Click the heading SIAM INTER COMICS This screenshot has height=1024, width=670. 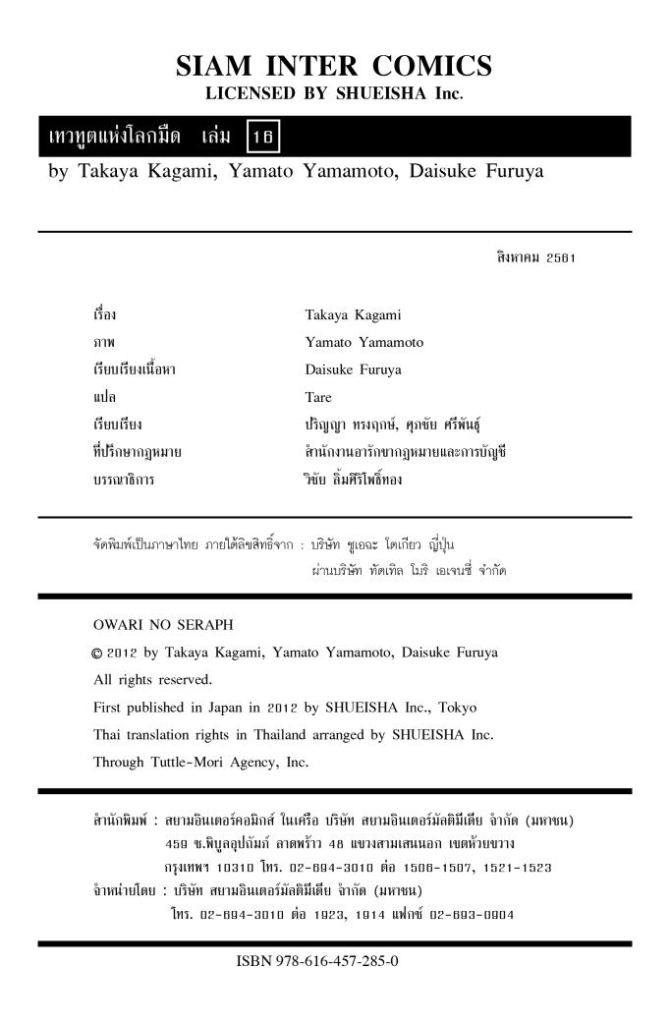334,67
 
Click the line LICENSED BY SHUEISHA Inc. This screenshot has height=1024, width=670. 334,94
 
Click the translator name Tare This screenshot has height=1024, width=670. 318,398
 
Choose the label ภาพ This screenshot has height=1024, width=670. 101,343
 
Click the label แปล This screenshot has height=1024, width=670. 101,398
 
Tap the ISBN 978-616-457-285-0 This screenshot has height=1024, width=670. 316,960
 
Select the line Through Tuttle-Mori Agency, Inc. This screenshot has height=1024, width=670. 200,761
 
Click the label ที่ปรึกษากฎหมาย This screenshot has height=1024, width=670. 135,453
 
